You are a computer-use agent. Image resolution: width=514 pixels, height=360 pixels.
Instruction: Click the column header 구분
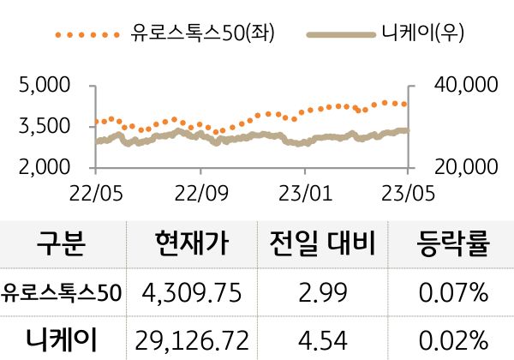pos(62,245)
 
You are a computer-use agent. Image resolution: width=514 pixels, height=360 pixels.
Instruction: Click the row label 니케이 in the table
pos(62,340)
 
